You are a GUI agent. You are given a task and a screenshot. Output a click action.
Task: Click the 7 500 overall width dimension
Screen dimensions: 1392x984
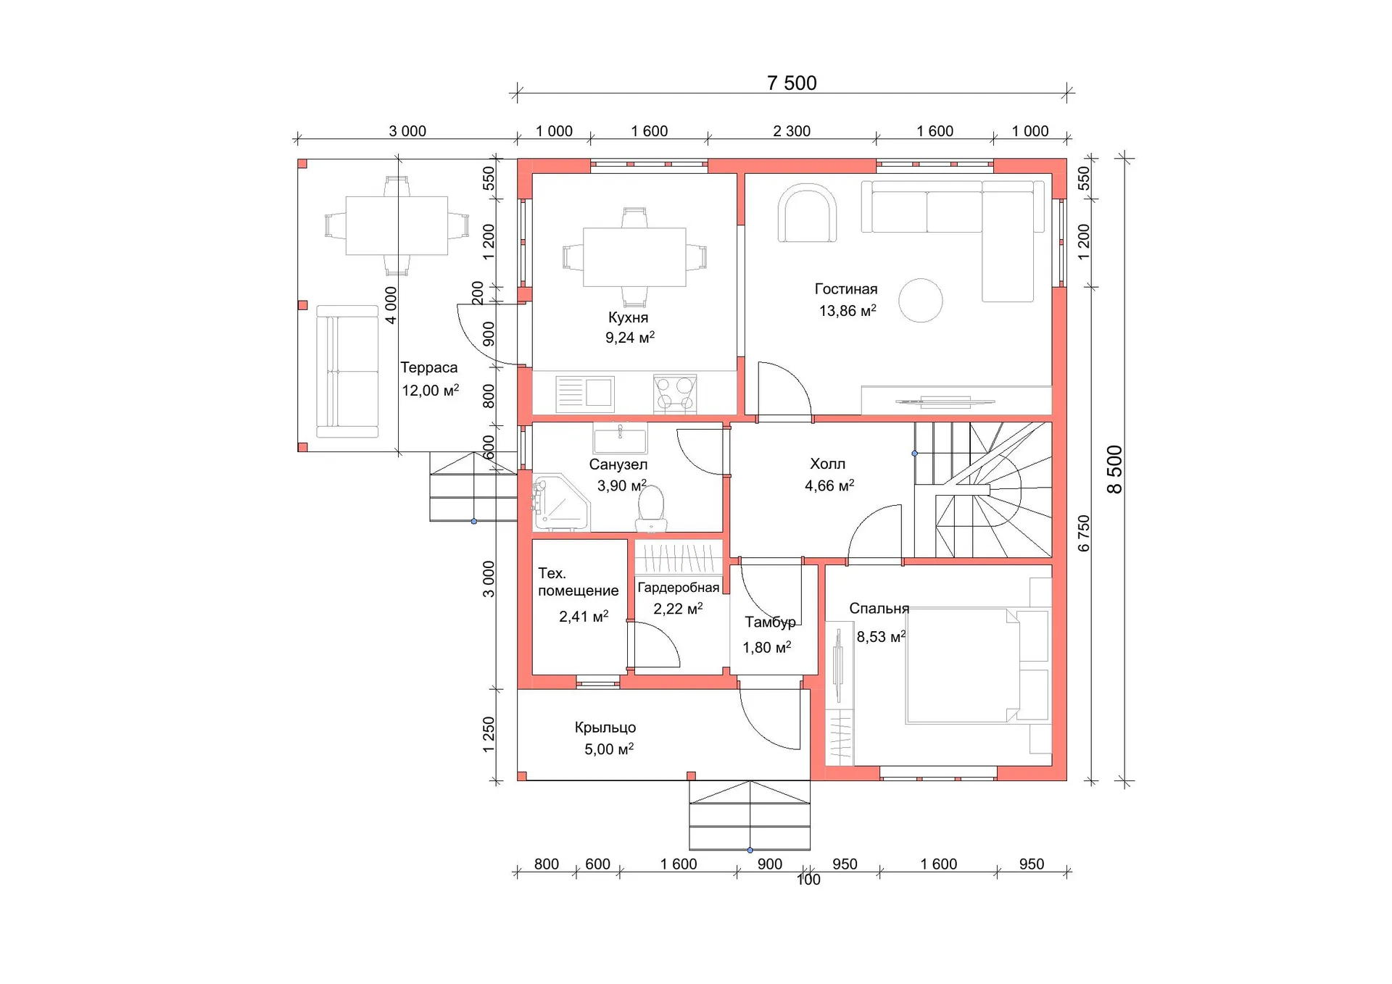pyautogui.click(x=792, y=83)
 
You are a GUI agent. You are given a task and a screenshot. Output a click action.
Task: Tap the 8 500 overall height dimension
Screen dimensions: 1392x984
pyautogui.click(x=1114, y=470)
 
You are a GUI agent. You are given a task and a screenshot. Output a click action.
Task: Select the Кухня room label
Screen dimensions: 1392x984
pyautogui.click(x=628, y=317)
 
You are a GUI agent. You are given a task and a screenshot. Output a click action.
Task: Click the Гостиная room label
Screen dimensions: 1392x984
pyautogui.click(x=846, y=289)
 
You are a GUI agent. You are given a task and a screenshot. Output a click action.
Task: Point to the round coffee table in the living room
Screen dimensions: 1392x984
pyautogui.click(x=921, y=300)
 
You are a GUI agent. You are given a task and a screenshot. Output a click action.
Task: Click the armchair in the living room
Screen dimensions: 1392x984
pyautogui.click(x=807, y=213)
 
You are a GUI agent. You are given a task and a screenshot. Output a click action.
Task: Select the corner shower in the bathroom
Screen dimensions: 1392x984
pyautogui.click(x=562, y=503)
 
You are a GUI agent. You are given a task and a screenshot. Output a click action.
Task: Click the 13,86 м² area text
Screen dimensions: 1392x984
pyautogui.click(x=848, y=311)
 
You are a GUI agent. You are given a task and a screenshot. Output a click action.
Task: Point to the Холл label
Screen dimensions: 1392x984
pyautogui.click(x=827, y=464)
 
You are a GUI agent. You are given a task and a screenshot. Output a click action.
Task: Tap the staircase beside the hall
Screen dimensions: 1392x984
pyautogui.click(x=982, y=490)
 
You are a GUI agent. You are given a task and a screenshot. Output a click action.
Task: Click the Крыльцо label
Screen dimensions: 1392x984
pyautogui.click(x=605, y=727)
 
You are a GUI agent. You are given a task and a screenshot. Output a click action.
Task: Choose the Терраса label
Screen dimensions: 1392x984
pyautogui.click(x=429, y=367)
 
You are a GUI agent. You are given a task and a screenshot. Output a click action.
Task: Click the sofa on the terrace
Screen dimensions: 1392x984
pyautogui.click(x=347, y=372)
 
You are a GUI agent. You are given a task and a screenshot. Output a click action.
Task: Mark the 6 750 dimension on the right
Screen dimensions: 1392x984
pyautogui.click(x=1084, y=533)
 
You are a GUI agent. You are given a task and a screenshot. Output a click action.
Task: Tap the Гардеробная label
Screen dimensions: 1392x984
pyautogui.click(x=679, y=588)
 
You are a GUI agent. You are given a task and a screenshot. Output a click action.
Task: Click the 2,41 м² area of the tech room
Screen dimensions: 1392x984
pyautogui.click(x=584, y=617)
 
